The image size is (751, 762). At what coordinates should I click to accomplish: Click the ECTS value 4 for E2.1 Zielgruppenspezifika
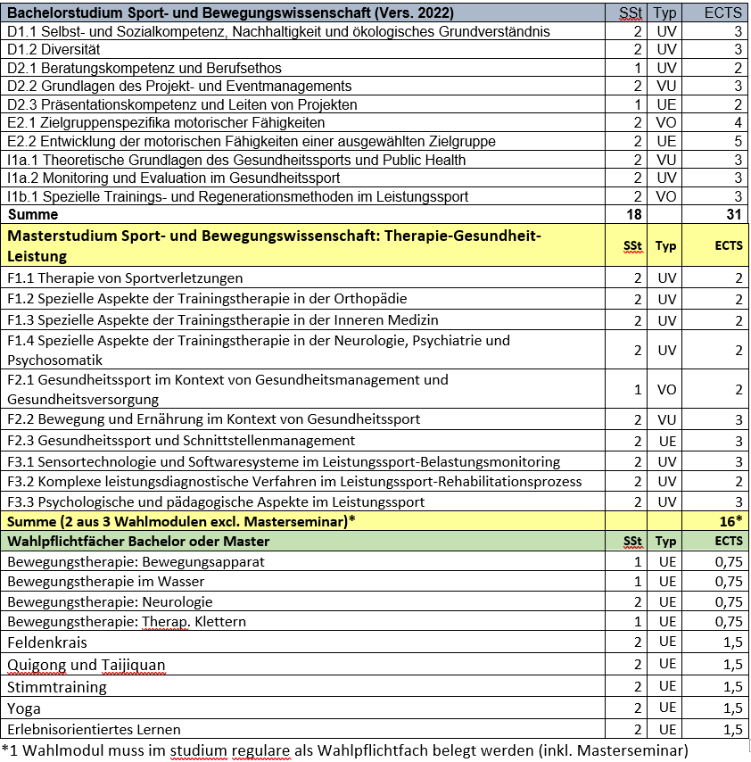point(738,122)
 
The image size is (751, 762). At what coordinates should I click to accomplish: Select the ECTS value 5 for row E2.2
point(738,141)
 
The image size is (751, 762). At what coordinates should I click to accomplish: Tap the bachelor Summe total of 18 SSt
point(634,214)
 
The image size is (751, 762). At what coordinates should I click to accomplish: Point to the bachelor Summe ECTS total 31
point(734,214)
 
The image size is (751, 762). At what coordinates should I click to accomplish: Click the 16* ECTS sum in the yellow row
point(730,521)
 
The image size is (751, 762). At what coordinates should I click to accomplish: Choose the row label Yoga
point(24,708)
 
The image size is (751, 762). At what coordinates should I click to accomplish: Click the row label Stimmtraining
point(57,687)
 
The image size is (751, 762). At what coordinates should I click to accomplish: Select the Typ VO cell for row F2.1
point(666,390)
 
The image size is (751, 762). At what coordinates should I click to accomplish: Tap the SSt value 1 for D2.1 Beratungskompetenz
point(638,68)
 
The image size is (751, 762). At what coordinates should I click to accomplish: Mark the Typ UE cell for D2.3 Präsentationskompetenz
point(666,104)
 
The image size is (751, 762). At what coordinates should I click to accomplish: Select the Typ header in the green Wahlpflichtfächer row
point(666,542)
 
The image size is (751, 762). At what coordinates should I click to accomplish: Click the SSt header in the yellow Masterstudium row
point(632,246)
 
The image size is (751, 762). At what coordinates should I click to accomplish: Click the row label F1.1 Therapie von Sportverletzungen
point(125,278)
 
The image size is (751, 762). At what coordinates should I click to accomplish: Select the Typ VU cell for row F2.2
point(666,419)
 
